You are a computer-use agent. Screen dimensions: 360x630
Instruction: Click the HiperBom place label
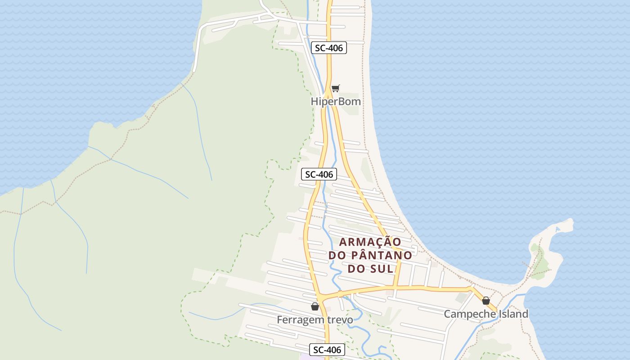tap(336, 102)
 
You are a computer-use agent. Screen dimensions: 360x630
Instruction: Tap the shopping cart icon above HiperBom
tap(335, 88)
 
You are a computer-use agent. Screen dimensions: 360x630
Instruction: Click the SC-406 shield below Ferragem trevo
tap(327, 350)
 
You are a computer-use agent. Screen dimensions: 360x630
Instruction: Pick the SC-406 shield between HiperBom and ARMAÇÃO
tap(319, 174)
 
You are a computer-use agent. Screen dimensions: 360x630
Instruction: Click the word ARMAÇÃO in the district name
tap(370, 242)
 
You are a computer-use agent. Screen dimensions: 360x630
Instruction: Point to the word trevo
tap(338, 319)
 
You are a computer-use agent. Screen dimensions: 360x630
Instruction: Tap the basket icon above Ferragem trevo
tap(315, 306)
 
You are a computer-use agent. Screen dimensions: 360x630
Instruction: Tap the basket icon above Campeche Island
tap(486, 301)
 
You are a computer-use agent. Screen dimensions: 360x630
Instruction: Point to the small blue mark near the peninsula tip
tap(558, 229)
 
